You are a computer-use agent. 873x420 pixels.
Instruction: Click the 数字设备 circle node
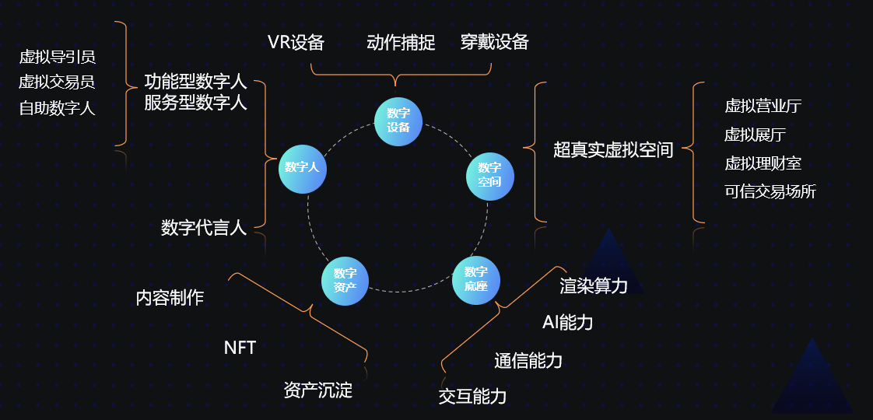click(398, 121)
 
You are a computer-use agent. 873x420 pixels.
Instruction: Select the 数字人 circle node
click(302, 168)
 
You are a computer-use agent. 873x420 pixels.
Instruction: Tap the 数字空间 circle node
click(490, 175)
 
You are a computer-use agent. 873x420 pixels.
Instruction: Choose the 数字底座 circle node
click(476, 279)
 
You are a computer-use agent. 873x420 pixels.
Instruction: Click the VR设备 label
click(296, 42)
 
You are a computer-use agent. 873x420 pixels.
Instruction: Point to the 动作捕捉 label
click(401, 42)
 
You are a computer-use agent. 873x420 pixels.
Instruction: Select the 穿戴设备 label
click(494, 42)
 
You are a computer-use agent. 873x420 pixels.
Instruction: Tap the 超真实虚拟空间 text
click(613, 150)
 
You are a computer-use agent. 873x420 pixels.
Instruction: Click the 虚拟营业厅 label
click(763, 107)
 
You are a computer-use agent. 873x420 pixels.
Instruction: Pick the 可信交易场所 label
click(770, 191)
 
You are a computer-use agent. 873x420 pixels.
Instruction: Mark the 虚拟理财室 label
click(763, 163)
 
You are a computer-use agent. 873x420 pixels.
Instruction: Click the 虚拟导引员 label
click(58, 57)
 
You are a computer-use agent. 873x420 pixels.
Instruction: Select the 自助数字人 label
click(58, 108)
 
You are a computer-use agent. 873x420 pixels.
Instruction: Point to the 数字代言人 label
click(204, 227)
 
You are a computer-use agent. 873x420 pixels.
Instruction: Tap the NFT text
click(240, 348)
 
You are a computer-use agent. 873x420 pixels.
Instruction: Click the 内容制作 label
click(170, 297)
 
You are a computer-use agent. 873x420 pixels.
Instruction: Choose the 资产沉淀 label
click(318, 390)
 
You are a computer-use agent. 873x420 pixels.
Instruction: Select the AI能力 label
click(567, 322)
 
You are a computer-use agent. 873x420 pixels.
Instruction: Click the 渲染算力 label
click(594, 286)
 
